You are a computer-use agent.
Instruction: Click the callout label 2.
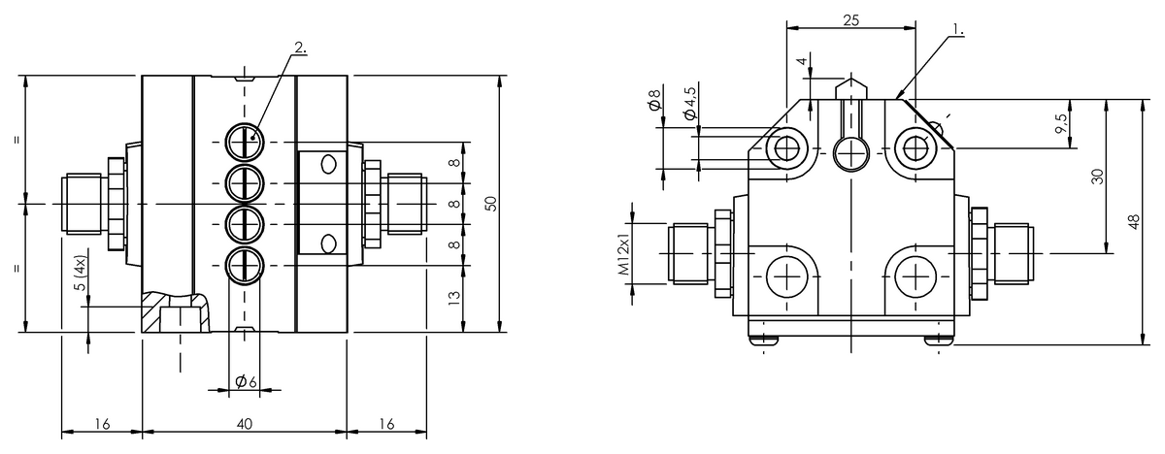pos(300,48)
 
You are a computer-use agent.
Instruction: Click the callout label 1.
pos(957,30)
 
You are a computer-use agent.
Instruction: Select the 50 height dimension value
pos(491,204)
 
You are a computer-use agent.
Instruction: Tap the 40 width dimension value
pos(245,424)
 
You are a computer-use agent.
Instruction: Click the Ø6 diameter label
pos(246,382)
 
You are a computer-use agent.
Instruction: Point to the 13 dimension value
pos(454,298)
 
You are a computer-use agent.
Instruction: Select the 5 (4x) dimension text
pos(82,274)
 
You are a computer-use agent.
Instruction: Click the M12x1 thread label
pos(623,253)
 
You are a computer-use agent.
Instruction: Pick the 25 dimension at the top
pos(850,20)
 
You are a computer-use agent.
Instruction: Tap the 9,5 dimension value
pos(1062,123)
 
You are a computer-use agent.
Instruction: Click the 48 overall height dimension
pos(1134,221)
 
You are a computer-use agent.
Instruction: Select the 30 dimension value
pos(1097,177)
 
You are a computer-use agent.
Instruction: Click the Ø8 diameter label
pos(654,99)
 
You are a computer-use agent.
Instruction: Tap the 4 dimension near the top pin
pos(803,61)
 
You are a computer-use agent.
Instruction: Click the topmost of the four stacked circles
pos(245,143)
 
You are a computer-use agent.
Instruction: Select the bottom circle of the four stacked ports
pos(245,266)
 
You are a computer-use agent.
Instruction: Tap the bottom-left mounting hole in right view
pos(786,276)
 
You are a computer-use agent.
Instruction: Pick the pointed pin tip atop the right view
pos(850,79)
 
